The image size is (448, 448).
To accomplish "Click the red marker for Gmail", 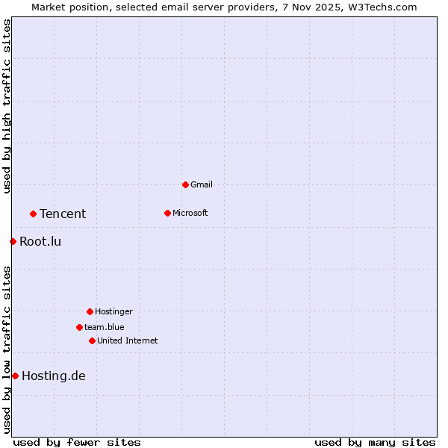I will (185, 184).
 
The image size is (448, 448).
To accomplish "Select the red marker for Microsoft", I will (167, 213).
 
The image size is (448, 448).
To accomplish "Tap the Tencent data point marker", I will (33, 214).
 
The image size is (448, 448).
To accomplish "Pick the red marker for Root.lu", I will (13, 241).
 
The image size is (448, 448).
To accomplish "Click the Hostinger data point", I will (90, 311).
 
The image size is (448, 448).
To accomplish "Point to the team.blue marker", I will (79, 327).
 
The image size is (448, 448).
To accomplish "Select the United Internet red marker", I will (92, 340).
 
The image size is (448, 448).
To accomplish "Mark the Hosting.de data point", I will (15, 376).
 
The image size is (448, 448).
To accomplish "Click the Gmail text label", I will (202, 184).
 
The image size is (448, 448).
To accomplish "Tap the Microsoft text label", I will (190, 213).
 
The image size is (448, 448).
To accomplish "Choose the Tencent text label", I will (63, 214).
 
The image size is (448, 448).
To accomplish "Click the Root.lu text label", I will (40, 241).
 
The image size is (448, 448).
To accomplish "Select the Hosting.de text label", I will (54, 376).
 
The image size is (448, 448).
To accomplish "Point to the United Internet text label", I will (127, 340).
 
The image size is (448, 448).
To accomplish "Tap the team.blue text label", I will (104, 327).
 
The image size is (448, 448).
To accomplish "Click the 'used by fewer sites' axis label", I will (77, 442).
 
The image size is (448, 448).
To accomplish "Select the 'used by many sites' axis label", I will (375, 442).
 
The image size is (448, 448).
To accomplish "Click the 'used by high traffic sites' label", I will (7, 106).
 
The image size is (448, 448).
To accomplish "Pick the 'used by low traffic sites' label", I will (7, 349).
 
